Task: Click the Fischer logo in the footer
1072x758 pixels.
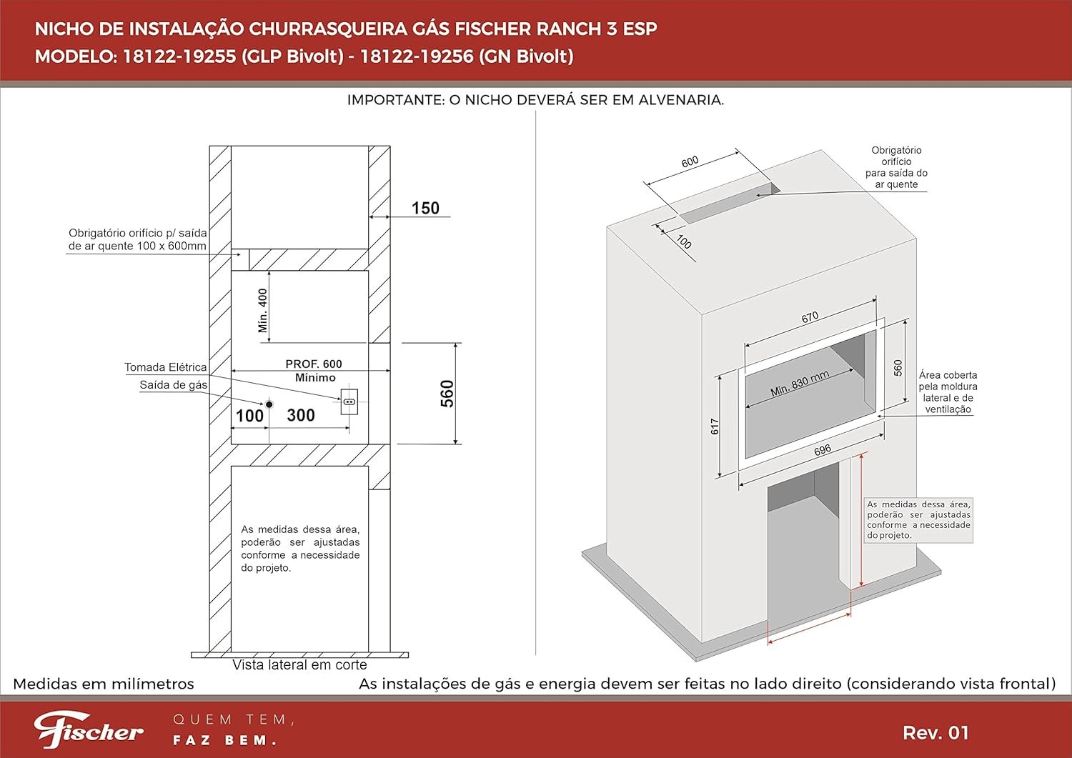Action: click(89, 729)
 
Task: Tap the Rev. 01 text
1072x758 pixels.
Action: click(935, 732)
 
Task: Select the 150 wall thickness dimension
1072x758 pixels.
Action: click(425, 208)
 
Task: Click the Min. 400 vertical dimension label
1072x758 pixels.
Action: click(262, 311)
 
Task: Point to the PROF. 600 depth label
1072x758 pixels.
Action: click(314, 364)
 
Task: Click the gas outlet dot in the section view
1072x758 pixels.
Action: click(269, 404)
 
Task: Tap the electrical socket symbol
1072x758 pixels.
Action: click(349, 402)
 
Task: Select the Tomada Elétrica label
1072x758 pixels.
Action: click(166, 367)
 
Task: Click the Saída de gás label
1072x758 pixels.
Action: click(173, 385)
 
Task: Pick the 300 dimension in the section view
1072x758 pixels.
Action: click(301, 415)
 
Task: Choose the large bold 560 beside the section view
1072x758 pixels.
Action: click(447, 394)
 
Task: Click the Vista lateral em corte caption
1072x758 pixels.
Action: click(299, 664)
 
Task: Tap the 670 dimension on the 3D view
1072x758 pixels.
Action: click(810, 317)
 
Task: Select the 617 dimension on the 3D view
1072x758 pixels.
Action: click(715, 427)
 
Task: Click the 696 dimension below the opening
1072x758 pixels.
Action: click(822, 450)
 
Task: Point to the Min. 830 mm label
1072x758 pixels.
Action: click(799, 384)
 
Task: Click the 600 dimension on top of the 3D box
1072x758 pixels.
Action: click(690, 162)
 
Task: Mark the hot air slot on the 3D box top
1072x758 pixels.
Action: click(729, 203)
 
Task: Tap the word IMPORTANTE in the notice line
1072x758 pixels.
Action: click(394, 100)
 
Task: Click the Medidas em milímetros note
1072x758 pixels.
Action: click(104, 684)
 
